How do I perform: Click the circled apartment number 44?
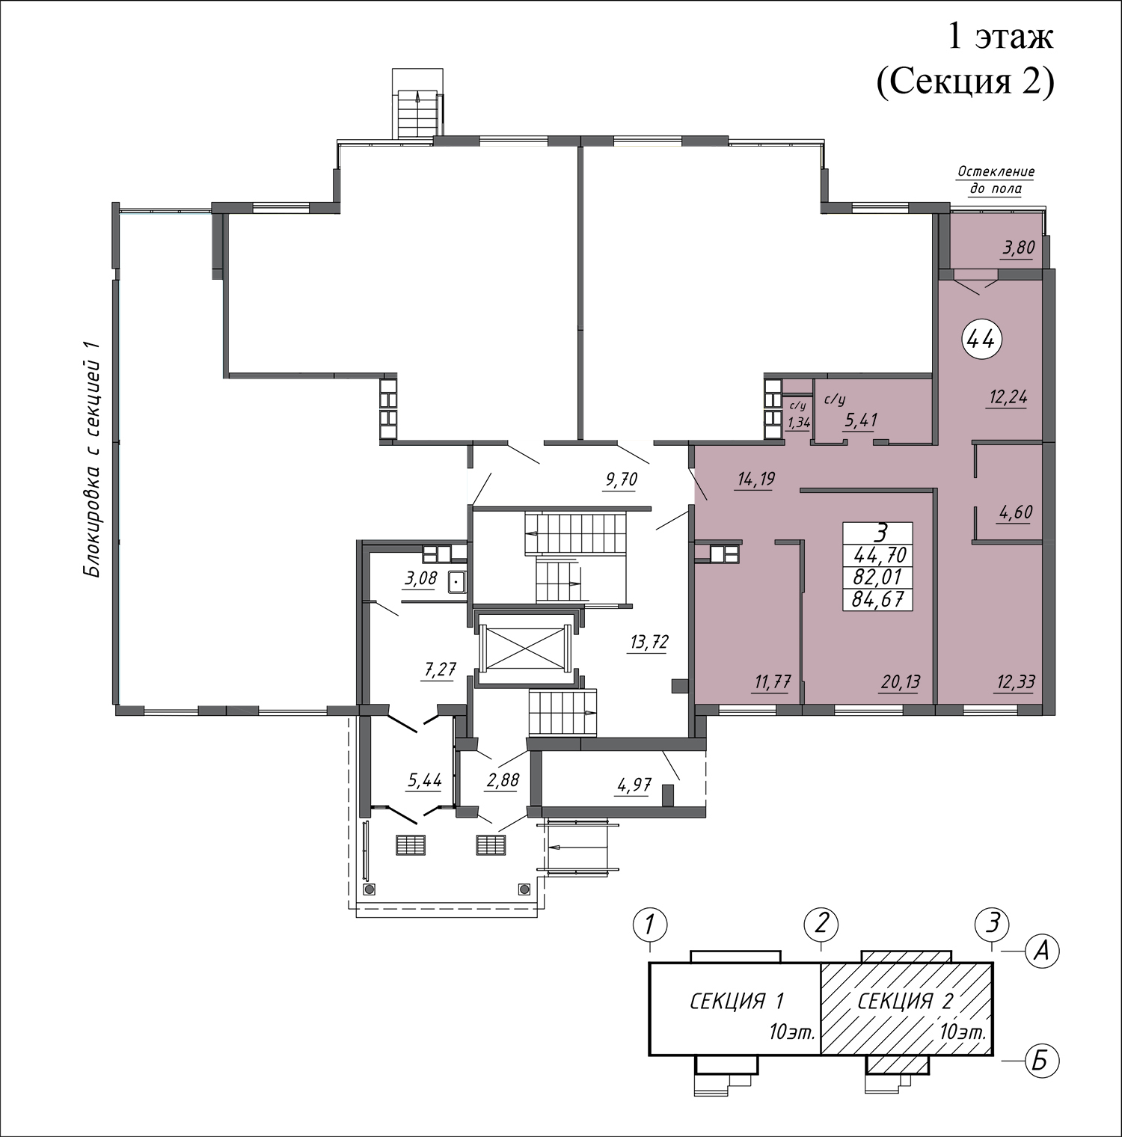[x=981, y=340]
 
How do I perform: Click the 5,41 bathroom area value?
[x=860, y=421]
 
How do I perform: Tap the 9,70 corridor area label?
[x=620, y=479]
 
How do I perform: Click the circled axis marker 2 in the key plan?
[x=821, y=924]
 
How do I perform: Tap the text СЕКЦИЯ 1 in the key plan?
[x=737, y=1001]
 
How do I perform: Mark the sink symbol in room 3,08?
[x=456, y=581]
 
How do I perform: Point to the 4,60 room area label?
[x=1015, y=513]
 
